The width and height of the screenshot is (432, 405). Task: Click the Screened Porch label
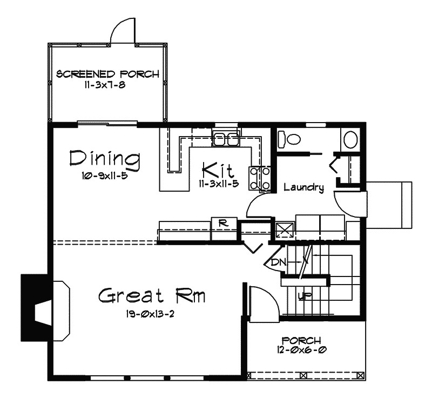point(107,74)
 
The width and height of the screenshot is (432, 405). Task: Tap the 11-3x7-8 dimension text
point(105,85)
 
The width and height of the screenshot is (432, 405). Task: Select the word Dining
point(105,160)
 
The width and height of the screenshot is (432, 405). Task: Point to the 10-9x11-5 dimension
point(105,176)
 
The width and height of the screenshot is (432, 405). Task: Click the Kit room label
point(218,170)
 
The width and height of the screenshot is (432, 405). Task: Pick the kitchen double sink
point(225,139)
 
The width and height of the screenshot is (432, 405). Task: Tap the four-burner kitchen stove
point(260,178)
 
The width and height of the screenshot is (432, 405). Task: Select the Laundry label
point(304,187)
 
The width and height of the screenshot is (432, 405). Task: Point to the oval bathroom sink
point(350,140)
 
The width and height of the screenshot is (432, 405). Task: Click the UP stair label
point(305,296)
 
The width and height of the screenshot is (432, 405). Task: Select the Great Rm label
point(152,296)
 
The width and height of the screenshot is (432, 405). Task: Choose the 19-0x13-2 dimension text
point(151,314)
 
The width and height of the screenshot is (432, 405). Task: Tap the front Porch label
point(301,340)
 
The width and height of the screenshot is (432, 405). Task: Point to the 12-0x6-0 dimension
point(302,350)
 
